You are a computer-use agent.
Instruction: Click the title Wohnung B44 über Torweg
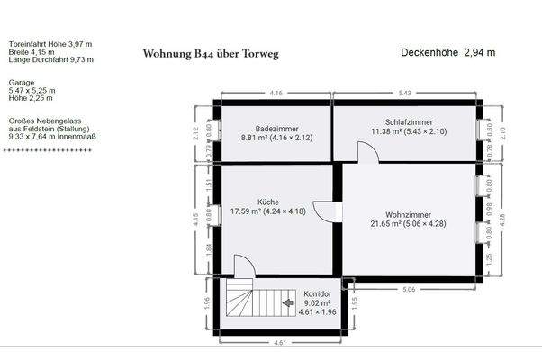pyautogui.click(x=211, y=54)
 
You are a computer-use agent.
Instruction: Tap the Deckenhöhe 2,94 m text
pyautogui.click(x=447, y=53)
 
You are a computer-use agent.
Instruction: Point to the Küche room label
pyautogui.click(x=267, y=202)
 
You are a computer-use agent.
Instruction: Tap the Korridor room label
pyautogui.click(x=318, y=294)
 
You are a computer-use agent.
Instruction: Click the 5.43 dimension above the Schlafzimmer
pyautogui.click(x=404, y=94)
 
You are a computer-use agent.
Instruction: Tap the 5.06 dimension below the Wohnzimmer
pyautogui.click(x=410, y=290)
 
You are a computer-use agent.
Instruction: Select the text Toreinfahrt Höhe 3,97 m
pyautogui.click(x=50, y=43)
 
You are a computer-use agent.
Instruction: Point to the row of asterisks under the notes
pyautogui.click(x=47, y=150)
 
